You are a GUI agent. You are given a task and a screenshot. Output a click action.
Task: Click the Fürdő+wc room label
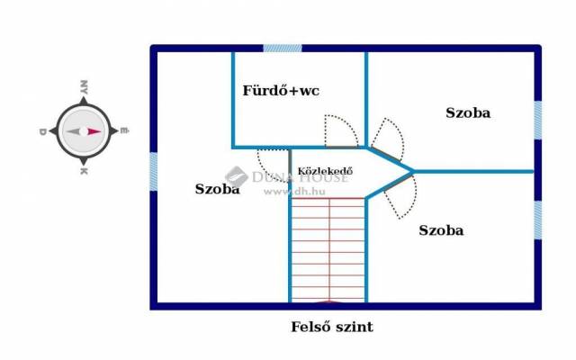point(281,91)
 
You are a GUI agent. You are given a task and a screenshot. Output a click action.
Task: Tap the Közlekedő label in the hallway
point(325,171)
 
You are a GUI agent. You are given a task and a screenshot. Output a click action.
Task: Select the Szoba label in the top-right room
point(468,112)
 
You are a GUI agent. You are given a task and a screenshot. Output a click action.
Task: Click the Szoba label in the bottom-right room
point(441,230)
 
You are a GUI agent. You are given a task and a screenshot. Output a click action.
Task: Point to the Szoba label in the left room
point(218,189)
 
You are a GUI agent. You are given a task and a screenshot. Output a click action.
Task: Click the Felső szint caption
point(332,327)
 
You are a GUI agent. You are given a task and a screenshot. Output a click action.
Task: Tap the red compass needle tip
point(101,131)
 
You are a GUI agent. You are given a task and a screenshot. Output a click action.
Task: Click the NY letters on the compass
point(84,87)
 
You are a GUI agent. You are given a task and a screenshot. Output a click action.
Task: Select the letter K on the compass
point(84,171)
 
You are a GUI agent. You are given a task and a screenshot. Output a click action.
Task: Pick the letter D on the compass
point(42,131)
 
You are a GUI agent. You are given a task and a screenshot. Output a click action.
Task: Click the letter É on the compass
point(125,130)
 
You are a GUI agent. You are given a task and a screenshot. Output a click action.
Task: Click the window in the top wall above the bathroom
point(283,48)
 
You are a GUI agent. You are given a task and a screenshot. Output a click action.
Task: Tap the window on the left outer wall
point(154,172)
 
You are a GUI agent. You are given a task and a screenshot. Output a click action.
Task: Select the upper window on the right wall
point(537,121)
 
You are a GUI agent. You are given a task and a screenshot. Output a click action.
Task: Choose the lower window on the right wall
point(537,220)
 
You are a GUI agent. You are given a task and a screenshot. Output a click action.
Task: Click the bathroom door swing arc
point(342,131)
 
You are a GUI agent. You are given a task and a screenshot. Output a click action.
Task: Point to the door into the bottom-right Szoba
point(400,197)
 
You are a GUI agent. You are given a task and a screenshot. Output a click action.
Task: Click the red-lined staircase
point(328,250)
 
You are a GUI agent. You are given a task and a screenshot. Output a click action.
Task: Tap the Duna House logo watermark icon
point(236,176)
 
